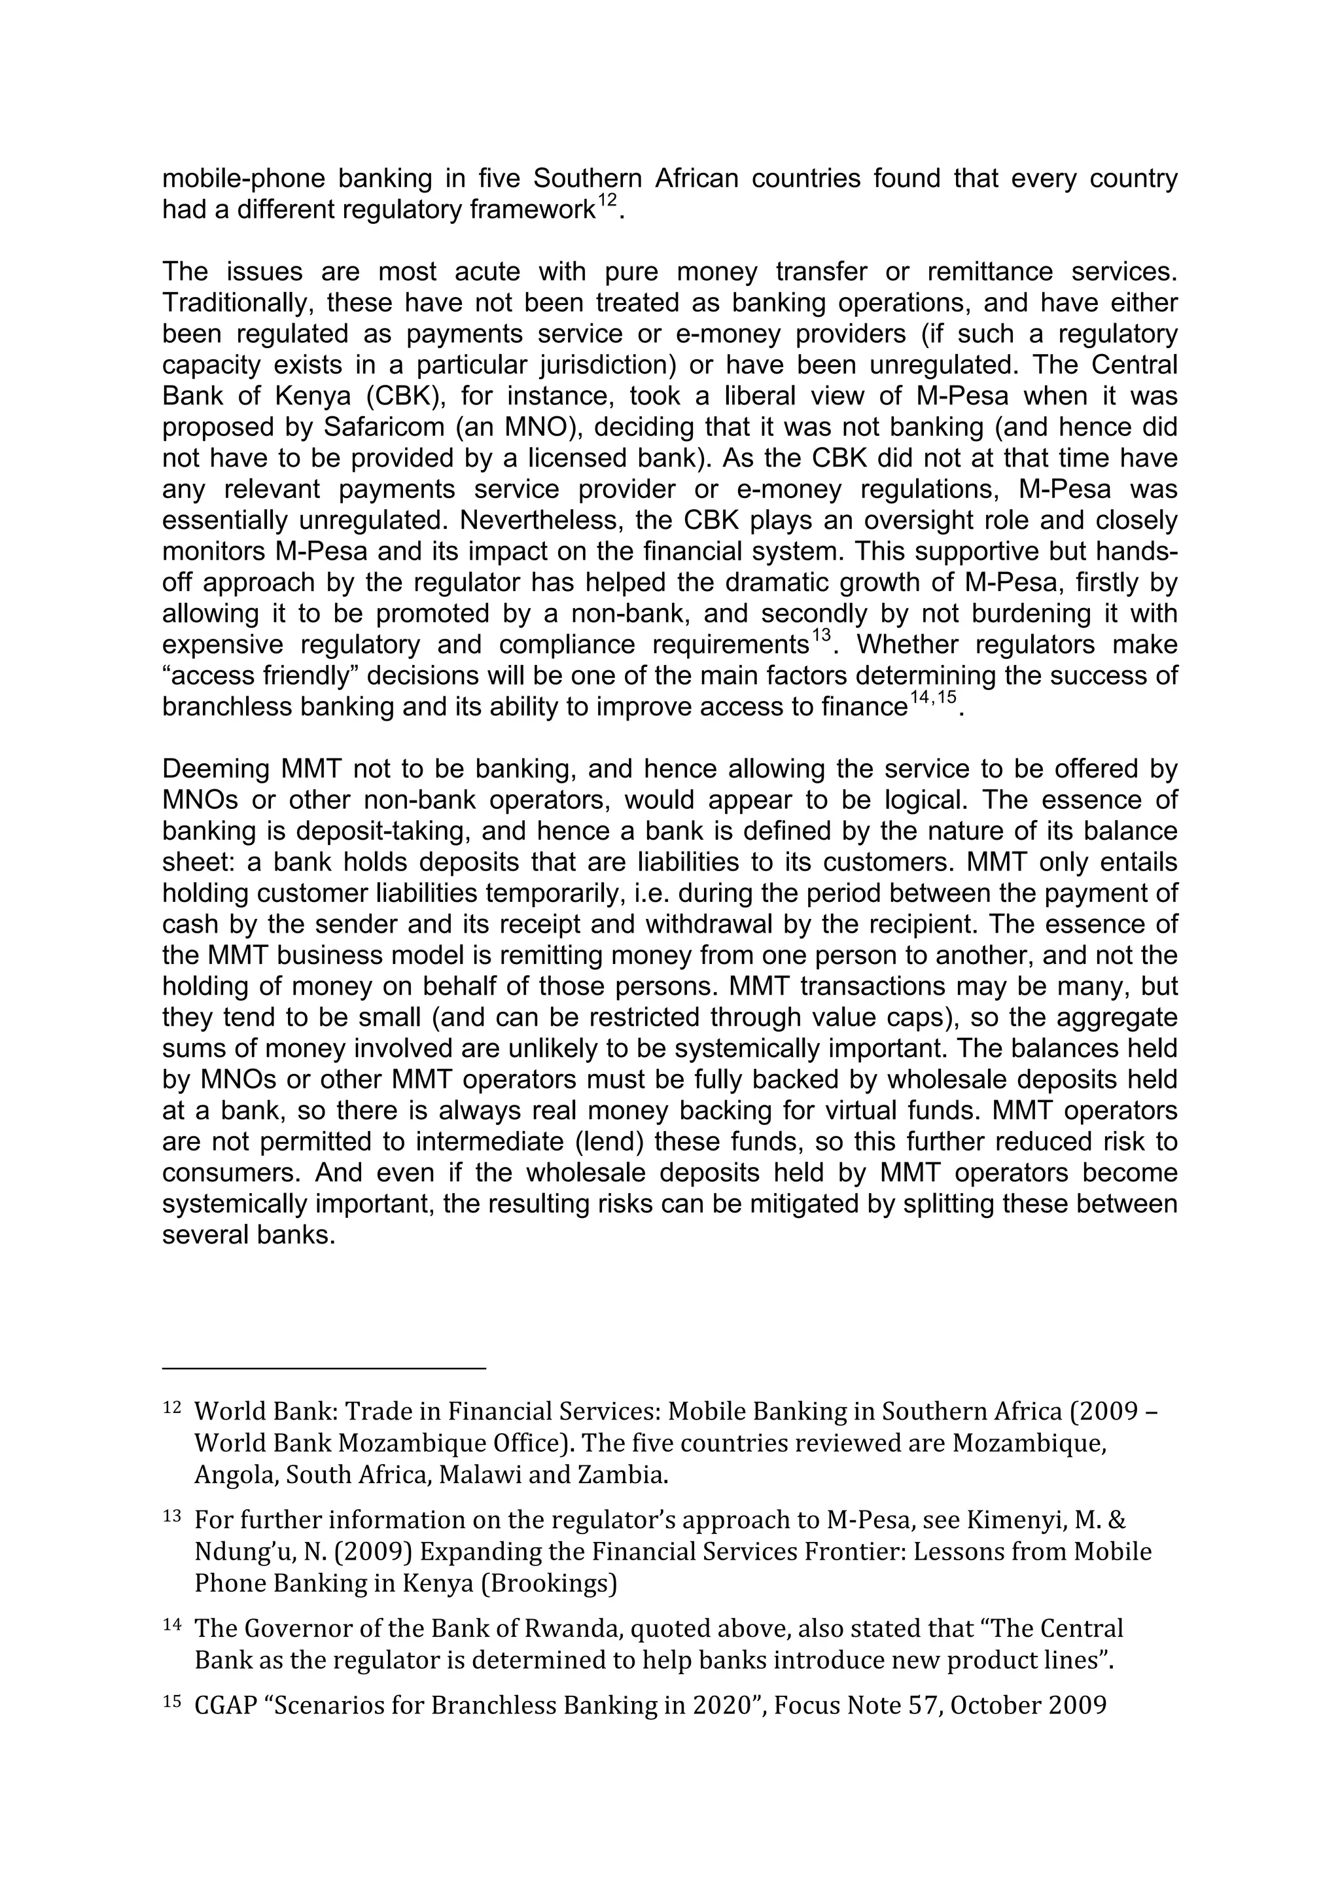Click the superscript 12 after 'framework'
point(607,201)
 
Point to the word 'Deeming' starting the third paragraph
point(217,769)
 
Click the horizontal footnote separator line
point(324,1369)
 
